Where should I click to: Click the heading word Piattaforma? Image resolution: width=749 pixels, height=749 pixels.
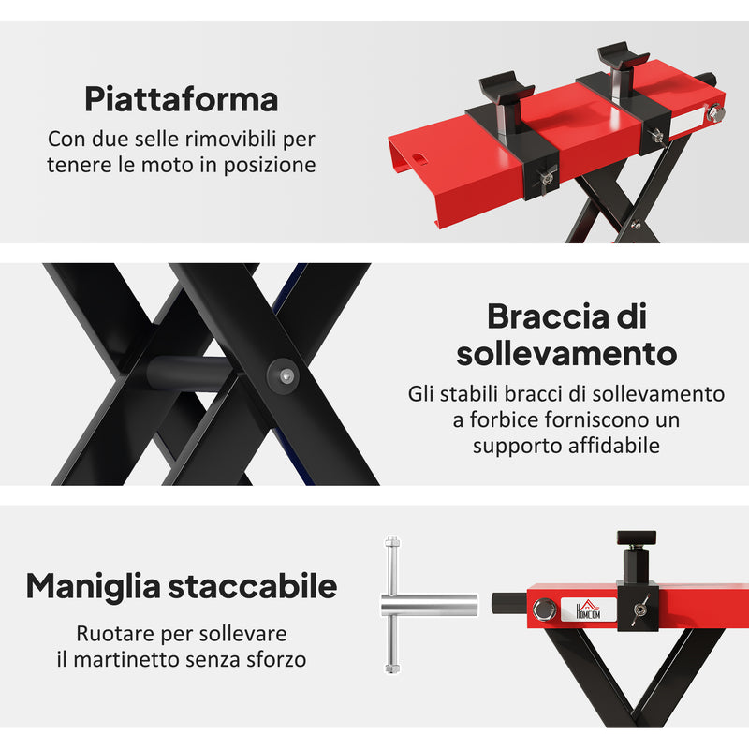[x=181, y=98]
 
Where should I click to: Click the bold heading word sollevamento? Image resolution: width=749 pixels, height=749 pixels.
[x=566, y=355]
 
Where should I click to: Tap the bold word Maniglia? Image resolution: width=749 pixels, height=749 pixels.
[x=93, y=587]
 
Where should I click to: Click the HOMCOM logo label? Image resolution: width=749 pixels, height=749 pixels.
[x=592, y=609]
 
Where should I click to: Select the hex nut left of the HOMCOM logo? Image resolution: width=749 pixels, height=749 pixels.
[x=544, y=610]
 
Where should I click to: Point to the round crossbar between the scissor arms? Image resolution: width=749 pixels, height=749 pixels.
[x=187, y=372]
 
